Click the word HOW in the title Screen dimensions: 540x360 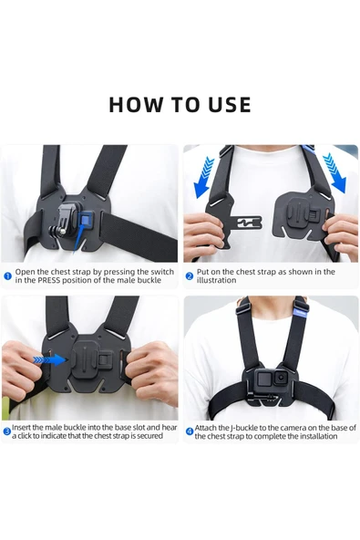pyautogui.click(x=130, y=104)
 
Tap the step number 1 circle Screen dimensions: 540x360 pyautogui.click(x=7, y=275)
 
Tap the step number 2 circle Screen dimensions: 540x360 pyautogui.click(x=190, y=275)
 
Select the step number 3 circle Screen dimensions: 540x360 pyautogui.click(x=6, y=431)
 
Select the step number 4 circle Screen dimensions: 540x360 pyautogui.click(x=190, y=431)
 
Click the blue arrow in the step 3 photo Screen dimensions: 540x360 pyautogui.click(x=50, y=359)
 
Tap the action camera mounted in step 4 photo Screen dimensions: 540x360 pyautogui.click(x=270, y=379)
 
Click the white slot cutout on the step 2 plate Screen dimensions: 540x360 pyautogui.click(x=245, y=222)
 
